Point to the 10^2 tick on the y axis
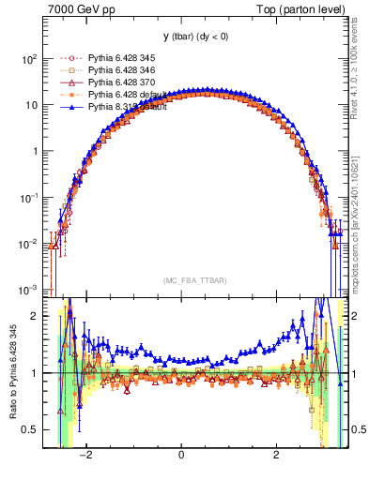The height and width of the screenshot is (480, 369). click(x=27, y=58)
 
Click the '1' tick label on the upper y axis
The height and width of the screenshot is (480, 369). click(x=33, y=151)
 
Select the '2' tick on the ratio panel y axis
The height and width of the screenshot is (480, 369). click(x=33, y=317)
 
